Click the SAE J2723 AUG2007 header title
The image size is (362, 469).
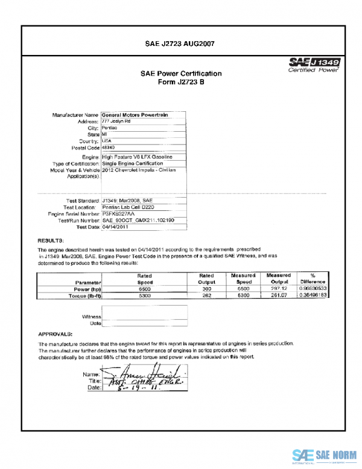coord(180,44)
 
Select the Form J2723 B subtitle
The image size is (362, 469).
coord(180,82)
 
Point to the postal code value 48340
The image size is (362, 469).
coord(110,147)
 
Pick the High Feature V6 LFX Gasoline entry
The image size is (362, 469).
coord(138,157)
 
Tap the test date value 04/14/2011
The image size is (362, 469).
coord(116,227)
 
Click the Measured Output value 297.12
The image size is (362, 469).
coord(278,290)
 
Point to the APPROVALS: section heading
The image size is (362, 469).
coord(56,334)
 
